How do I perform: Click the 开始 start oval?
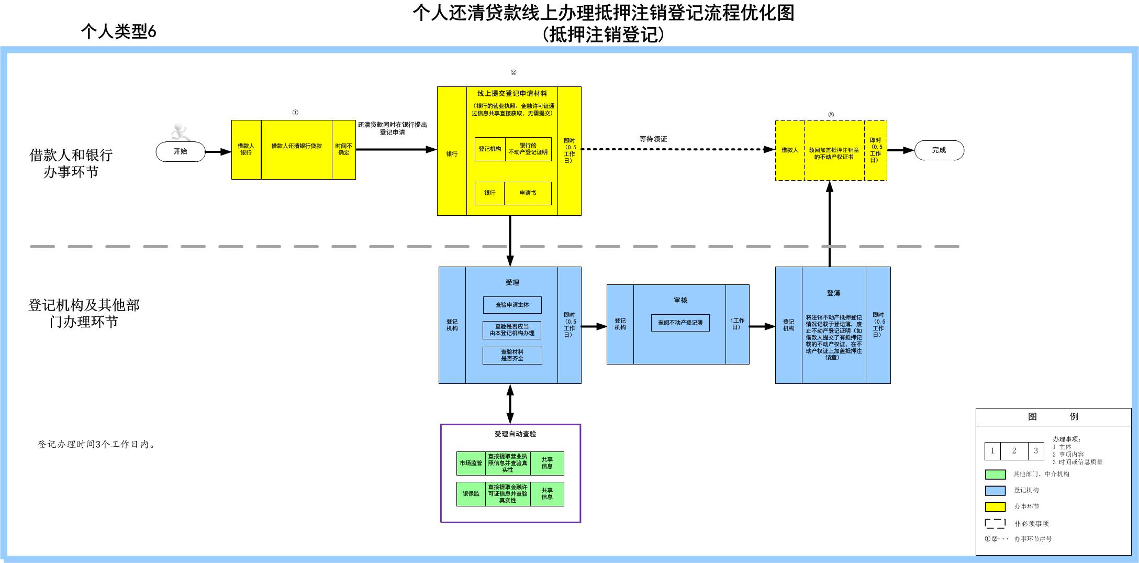[x=180, y=152]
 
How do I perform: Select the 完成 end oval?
[x=939, y=150]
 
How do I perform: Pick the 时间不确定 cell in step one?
[x=344, y=149]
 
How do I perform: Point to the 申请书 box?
[x=528, y=193]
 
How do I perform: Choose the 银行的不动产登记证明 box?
[x=528, y=149]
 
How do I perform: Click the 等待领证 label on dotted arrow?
[x=653, y=139]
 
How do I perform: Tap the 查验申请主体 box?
[x=512, y=305]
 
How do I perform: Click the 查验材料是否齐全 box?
[x=512, y=356]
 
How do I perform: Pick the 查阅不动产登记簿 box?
[x=680, y=323]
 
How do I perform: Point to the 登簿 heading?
[x=833, y=293]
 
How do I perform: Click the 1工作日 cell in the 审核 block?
[x=737, y=324]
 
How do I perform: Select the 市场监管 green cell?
[x=471, y=463]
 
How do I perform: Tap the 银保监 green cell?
[x=471, y=494]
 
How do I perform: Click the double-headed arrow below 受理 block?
[x=510, y=404]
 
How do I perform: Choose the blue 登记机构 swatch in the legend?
[x=995, y=491]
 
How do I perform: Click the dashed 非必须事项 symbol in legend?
[x=995, y=523]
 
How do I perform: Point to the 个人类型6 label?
[x=119, y=32]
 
